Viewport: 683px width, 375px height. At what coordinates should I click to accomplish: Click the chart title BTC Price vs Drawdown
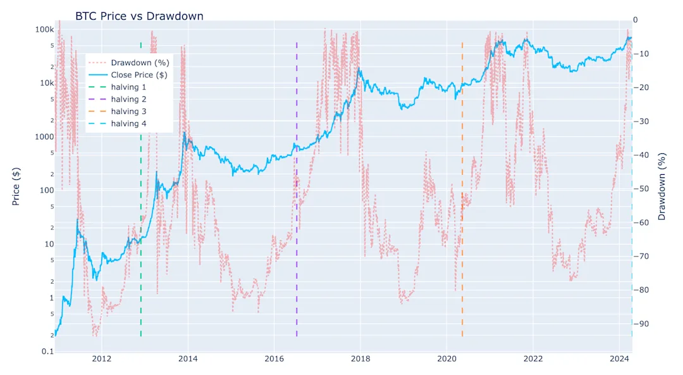tap(139, 16)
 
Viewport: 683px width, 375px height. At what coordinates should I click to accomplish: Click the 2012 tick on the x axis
tap(102, 359)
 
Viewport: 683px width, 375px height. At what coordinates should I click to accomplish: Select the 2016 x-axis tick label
tap(274, 359)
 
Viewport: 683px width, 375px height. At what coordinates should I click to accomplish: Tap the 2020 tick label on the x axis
tap(446, 359)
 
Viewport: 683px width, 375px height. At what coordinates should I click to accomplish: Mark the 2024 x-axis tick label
tap(618, 359)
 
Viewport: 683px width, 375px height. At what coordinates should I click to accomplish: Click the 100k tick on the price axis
tap(44, 30)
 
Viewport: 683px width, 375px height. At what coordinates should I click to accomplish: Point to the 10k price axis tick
tap(46, 83)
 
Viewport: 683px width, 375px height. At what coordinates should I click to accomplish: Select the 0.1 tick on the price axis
tap(47, 352)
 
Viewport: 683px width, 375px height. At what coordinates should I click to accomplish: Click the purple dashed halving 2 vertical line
tap(297, 253)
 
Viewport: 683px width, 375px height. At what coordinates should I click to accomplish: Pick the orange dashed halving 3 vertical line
tap(462, 285)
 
